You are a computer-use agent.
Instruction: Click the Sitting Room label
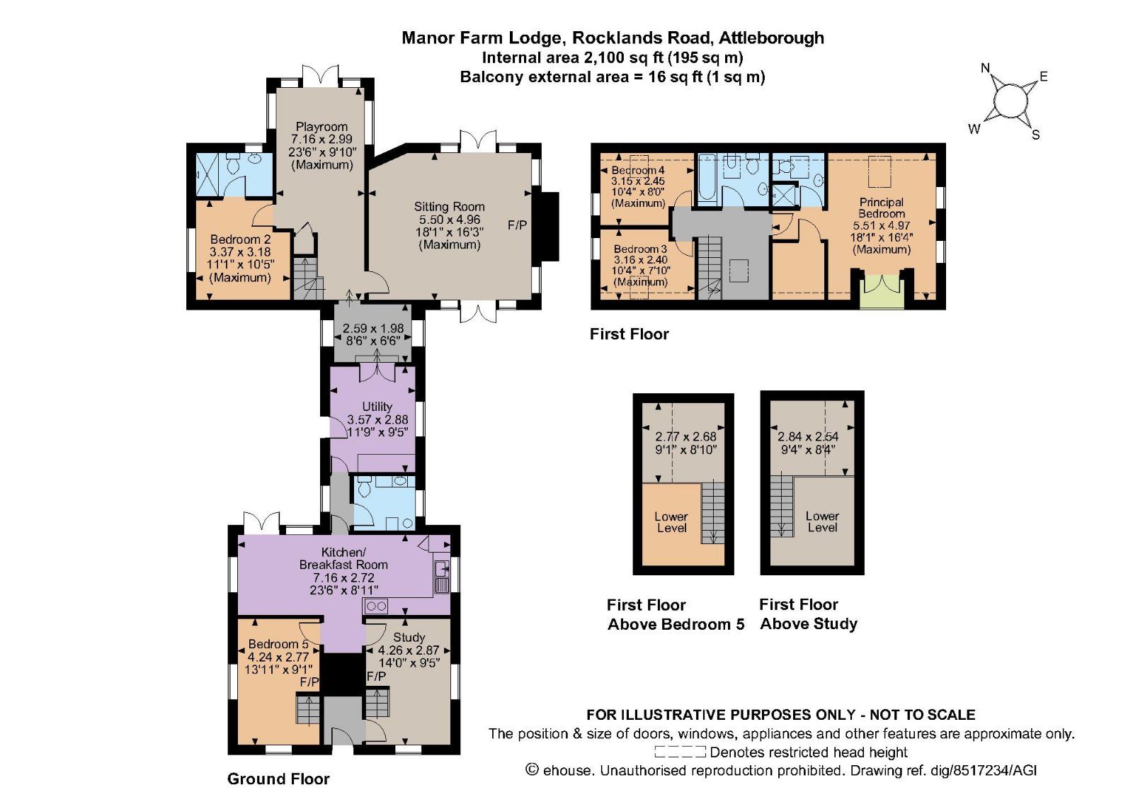coord(449,207)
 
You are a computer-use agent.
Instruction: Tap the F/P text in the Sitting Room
coord(518,225)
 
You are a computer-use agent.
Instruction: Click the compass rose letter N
coord(985,68)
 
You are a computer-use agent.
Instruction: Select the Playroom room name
coord(321,127)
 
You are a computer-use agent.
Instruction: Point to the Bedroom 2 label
coord(240,239)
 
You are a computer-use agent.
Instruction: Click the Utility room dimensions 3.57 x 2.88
coord(377,419)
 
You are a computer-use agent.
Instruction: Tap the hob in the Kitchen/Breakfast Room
coord(375,606)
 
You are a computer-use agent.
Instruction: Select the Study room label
coord(409,637)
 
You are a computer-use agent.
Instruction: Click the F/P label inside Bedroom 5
coord(309,682)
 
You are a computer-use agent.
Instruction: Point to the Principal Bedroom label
coord(882,208)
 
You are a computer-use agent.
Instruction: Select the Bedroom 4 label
coord(638,170)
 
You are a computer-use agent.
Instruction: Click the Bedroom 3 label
coord(640,249)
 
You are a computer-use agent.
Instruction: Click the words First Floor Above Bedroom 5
coord(675,614)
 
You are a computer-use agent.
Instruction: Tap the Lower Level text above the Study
coord(821,521)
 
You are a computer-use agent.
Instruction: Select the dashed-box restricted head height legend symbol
coord(680,752)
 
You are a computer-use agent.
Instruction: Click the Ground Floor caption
coord(278,779)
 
